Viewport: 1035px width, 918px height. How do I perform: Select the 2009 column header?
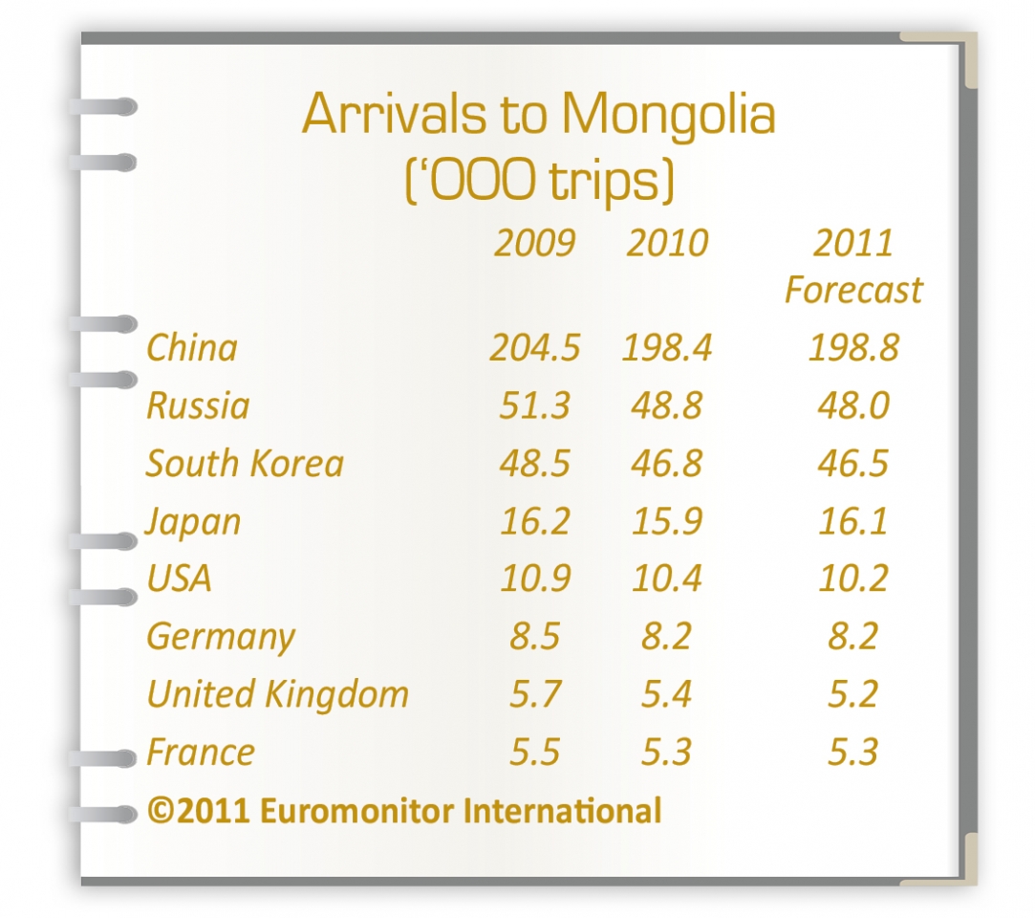coord(534,244)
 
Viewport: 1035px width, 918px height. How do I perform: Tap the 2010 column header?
coord(667,244)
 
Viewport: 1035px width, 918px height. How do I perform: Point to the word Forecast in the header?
coord(853,291)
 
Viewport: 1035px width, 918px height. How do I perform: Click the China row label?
coord(191,347)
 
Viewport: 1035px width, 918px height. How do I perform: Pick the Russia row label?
coord(198,405)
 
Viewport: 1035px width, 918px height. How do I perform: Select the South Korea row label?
coord(245,464)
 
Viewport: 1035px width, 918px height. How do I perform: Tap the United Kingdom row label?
coord(277,694)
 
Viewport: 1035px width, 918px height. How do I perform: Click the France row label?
coord(201,753)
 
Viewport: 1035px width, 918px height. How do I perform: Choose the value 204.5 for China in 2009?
coord(534,348)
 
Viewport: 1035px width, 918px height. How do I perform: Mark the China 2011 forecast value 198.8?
coord(853,348)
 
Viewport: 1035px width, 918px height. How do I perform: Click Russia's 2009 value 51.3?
coord(534,405)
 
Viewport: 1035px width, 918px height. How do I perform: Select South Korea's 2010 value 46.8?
coord(666,464)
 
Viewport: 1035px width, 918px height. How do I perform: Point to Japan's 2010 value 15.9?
coord(666,521)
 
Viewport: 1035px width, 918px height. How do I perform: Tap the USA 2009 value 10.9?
coord(534,579)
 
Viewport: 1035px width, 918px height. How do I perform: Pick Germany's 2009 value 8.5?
coord(534,637)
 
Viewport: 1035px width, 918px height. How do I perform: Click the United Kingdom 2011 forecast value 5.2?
coord(853,694)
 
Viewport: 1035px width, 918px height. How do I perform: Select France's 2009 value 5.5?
coord(534,753)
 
